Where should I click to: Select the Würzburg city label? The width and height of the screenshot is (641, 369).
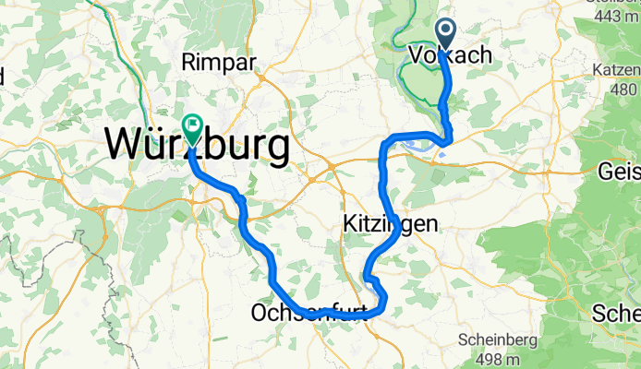click(x=196, y=146)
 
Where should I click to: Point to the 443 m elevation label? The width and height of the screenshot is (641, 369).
click(x=618, y=16)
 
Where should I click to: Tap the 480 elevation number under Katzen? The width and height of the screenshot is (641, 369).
click(x=624, y=89)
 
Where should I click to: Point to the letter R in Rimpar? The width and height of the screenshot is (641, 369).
click(x=189, y=63)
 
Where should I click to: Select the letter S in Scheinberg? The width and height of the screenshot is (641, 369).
click(x=463, y=339)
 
